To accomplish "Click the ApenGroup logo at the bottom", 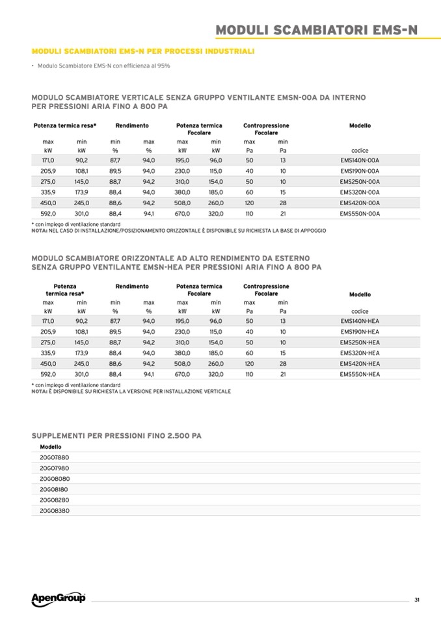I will pyautogui.click(x=58, y=598).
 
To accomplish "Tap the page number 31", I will pyautogui.click(x=416, y=600).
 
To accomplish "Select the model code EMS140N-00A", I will pyautogui.click(x=360, y=160).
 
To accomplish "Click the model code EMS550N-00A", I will pyautogui.click(x=360, y=213).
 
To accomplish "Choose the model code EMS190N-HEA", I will pyautogui.click(x=360, y=331).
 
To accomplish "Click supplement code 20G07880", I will pyautogui.click(x=55, y=458).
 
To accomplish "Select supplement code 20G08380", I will pyautogui.click(x=55, y=511).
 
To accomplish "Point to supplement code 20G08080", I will pyautogui.click(x=55, y=479).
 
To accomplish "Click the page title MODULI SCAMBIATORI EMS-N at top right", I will pyautogui.click(x=317, y=30).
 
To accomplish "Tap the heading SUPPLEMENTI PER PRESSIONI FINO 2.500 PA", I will pyautogui.click(x=116, y=435).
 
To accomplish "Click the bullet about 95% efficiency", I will pyautogui.click(x=104, y=66).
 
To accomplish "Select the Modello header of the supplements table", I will pyautogui.click(x=51, y=447).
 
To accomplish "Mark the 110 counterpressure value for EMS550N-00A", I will pyautogui.click(x=248, y=213).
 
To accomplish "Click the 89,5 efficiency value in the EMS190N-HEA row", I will pyautogui.click(x=115, y=331).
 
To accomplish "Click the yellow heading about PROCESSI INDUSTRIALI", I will pyautogui.click(x=142, y=51).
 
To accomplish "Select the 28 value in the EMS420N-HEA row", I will pyautogui.click(x=283, y=364).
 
